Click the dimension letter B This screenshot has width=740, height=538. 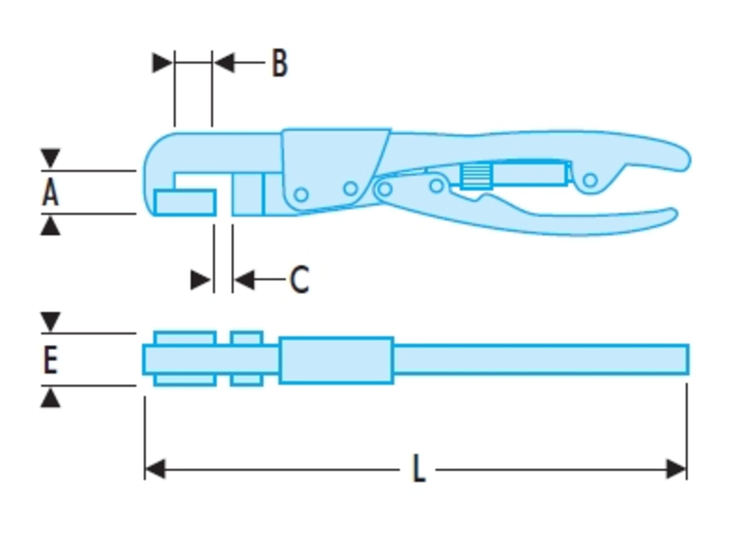coord(279,63)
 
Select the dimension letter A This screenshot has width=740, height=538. coord(51,193)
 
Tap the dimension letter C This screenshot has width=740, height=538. coord(299,279)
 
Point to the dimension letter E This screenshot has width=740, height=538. coord(51,360)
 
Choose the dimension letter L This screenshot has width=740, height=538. coord(419,469)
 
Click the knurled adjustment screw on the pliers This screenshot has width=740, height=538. coord(476,176)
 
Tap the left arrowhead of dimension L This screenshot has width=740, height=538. coord(155,469)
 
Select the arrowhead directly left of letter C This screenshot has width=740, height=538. coord(244,279)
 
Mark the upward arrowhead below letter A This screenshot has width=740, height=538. coord(50,226)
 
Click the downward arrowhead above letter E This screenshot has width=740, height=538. coord(50,321)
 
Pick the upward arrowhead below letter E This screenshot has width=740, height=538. coord(50,398)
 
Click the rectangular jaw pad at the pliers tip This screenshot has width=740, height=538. coord(185,203)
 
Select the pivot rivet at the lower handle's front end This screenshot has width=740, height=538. coord(385,189)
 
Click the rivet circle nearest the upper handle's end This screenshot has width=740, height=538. coord(590,180)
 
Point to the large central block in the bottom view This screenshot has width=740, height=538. coord(336,360)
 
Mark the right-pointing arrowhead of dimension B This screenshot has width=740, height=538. coord(162,62)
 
